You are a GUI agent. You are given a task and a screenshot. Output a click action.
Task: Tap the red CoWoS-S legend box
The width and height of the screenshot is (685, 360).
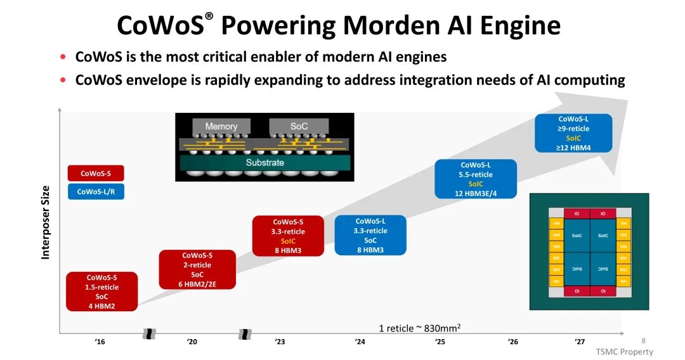pyautogui.click(x=95, y=173)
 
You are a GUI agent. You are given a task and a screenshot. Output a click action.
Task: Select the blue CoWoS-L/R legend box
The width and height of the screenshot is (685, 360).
pyautogui.click(x=95, y=191)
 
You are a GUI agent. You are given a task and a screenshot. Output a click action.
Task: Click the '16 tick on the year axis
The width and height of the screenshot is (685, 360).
pyautogui.click(x=100, y=342)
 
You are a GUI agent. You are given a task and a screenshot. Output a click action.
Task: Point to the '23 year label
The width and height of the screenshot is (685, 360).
pyautogui.click(x=280, y=342)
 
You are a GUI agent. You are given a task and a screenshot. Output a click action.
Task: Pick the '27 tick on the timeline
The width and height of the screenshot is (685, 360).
pyautogui.click(x=580, y=342)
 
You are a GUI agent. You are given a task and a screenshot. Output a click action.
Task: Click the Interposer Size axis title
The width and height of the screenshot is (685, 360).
pyautogui.click(x=45, y=222)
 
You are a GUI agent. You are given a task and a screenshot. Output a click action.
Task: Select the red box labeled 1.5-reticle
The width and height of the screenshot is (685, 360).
pyautogui.click(x=101, y=292)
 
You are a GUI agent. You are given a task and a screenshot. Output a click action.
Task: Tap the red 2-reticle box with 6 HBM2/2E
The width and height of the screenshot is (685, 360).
pyautogui.click(x=197, y=269)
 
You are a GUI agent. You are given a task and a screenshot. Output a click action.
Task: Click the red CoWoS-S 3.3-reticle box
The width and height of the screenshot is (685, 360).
pyautogui.click(x=288, y=236)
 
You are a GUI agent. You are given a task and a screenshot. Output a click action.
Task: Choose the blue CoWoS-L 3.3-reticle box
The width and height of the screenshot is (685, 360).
pyautogui.click(x=370, y=235)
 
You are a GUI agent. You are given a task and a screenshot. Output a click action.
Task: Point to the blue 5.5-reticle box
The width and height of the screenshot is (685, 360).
pyautogui.click(x=476, y=179)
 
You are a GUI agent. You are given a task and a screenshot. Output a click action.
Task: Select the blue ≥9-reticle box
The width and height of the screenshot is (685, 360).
pyautogui.click(x=573, y=133)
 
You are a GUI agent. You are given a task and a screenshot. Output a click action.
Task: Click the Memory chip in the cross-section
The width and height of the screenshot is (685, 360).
pyautogui.click(x=221, y=126)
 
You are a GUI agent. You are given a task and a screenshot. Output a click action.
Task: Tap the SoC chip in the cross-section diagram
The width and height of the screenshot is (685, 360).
pyautogui.click(x=299, y=126)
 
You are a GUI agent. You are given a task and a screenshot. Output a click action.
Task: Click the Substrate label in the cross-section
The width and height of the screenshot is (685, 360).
pyautogui.click(x=264, y=162)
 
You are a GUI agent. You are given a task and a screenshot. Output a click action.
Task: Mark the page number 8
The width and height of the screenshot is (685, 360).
pyautogui.click(x=643, y=340)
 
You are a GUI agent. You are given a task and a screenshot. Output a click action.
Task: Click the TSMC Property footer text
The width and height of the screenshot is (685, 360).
pyautogui.click(x=624, y=352)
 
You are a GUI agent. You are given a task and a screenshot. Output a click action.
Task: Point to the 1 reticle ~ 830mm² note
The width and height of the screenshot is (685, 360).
pyautogui.click(x=419, y=328)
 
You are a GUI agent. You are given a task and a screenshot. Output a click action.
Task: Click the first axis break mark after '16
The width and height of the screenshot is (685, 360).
pyautogui.click(x=150, y=333)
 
